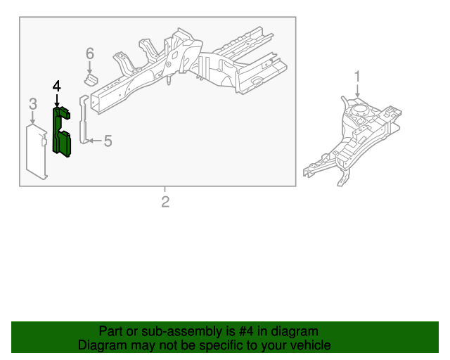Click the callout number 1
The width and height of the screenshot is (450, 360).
click(357, 77)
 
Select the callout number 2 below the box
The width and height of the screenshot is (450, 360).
click(165, 202)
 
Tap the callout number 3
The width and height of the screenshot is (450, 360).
click(33, 104)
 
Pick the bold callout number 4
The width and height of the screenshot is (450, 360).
click(57, 86)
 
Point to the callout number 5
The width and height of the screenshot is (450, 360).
click(108, 141)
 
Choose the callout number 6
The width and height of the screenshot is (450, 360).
click(90, 53)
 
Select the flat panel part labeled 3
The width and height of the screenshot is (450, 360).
click(37, 152)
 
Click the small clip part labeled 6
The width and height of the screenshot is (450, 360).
click(91, 79)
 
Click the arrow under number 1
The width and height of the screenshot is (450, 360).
click(357, 91)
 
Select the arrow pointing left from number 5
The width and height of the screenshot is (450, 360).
click(96, 141)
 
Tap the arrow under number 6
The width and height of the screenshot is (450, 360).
click(90, 67)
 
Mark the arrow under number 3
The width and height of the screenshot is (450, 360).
click(33, 117)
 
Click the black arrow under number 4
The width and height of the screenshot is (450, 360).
click(57, 101)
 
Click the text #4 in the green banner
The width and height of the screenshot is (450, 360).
click(246, 331)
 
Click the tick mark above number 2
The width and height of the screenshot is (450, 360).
click(165, 189)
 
